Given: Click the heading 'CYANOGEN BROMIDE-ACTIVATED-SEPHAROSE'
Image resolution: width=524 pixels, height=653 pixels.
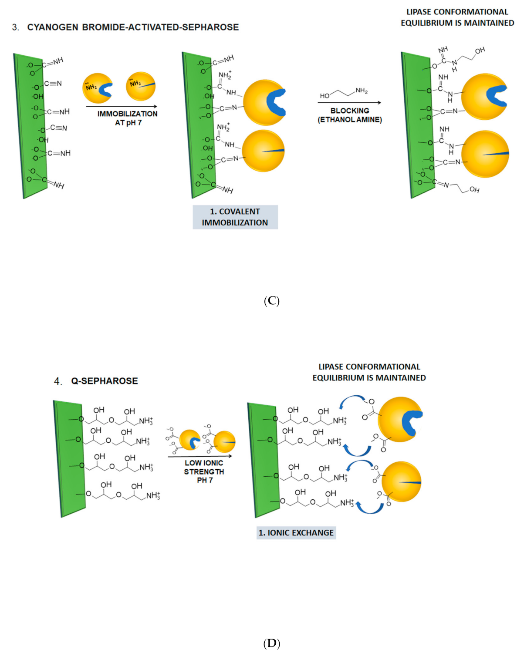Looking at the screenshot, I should pos(133,27).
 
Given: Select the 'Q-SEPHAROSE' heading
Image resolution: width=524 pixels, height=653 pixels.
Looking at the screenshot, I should pos(105,381).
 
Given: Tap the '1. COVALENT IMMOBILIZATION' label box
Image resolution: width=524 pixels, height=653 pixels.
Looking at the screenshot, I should pos(235,217).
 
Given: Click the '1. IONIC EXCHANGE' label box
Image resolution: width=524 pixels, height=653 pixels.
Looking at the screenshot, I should pos(296,532).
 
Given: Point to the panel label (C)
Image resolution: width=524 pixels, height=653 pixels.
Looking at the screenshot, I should pos(271,301).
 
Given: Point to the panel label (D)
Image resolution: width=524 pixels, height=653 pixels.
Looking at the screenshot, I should pos(271,643).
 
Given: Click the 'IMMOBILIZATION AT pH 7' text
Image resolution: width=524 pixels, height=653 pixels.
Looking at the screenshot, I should pos(128,118).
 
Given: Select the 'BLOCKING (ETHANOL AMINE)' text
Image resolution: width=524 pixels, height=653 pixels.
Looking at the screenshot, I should pos(350,115).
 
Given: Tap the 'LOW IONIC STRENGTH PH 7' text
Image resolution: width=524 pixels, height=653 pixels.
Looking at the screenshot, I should pos(204,471).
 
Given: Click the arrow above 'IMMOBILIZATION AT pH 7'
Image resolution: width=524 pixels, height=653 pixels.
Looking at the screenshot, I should pos(122,106).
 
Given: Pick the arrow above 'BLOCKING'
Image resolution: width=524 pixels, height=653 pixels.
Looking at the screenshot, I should pos(349,103).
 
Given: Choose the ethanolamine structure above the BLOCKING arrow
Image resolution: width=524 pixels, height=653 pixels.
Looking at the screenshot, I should pos(344,93).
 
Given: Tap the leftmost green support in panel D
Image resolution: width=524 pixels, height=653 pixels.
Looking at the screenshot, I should pos(69,458).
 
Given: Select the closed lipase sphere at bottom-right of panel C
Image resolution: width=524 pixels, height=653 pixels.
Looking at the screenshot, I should pos(485,154).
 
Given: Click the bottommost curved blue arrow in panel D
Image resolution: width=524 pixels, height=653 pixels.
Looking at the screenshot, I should pos(370,508).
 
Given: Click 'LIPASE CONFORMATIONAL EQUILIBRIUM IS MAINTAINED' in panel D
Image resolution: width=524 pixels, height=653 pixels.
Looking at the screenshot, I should pos(369,372).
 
